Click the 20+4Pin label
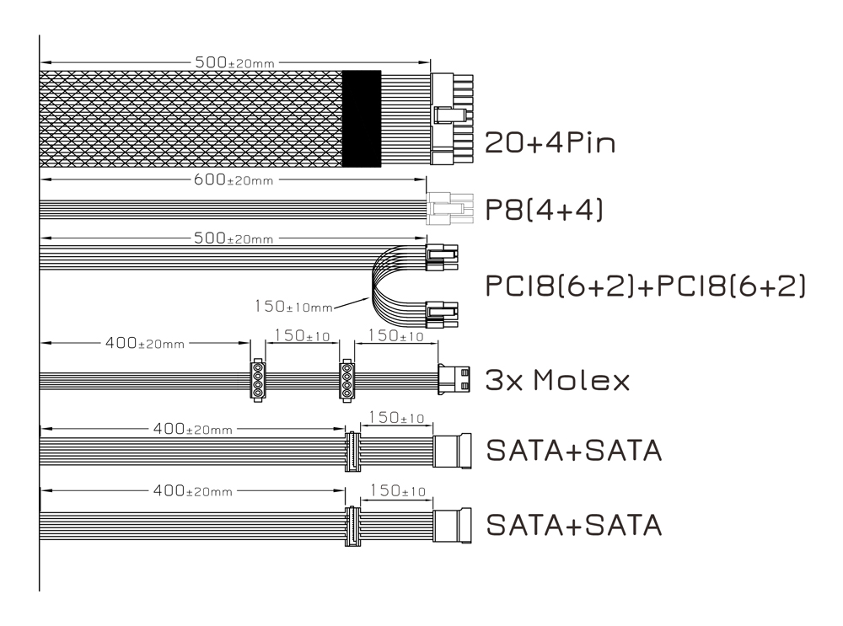(550, 142)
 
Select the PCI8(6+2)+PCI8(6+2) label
(645, 286)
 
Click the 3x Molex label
(557, 381)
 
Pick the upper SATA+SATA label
(573, 451)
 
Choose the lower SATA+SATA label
(573, 525)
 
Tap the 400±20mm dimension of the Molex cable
(145, 344)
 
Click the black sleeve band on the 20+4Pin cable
(362, 117)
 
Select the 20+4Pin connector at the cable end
(452, 118)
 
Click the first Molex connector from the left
(257, 380)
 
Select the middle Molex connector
(346, 380)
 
